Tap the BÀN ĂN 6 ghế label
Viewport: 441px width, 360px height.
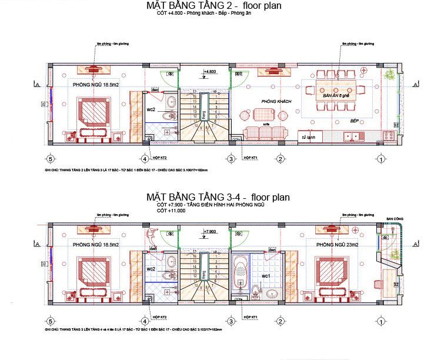336,95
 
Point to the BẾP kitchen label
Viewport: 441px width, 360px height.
355,121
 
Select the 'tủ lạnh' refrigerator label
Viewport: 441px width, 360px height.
306,137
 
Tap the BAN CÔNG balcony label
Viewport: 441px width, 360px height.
395,219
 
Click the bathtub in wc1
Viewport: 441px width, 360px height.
241,270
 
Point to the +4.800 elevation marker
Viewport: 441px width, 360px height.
210,72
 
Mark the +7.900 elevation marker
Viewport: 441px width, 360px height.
210,232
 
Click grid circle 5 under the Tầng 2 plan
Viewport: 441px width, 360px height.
51,159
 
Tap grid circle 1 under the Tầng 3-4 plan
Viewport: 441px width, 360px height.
381,321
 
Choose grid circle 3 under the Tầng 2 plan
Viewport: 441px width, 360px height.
232,159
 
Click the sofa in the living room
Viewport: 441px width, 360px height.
265,132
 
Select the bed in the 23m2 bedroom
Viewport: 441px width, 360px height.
332,274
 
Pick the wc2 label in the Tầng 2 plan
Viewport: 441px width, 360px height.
151,110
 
